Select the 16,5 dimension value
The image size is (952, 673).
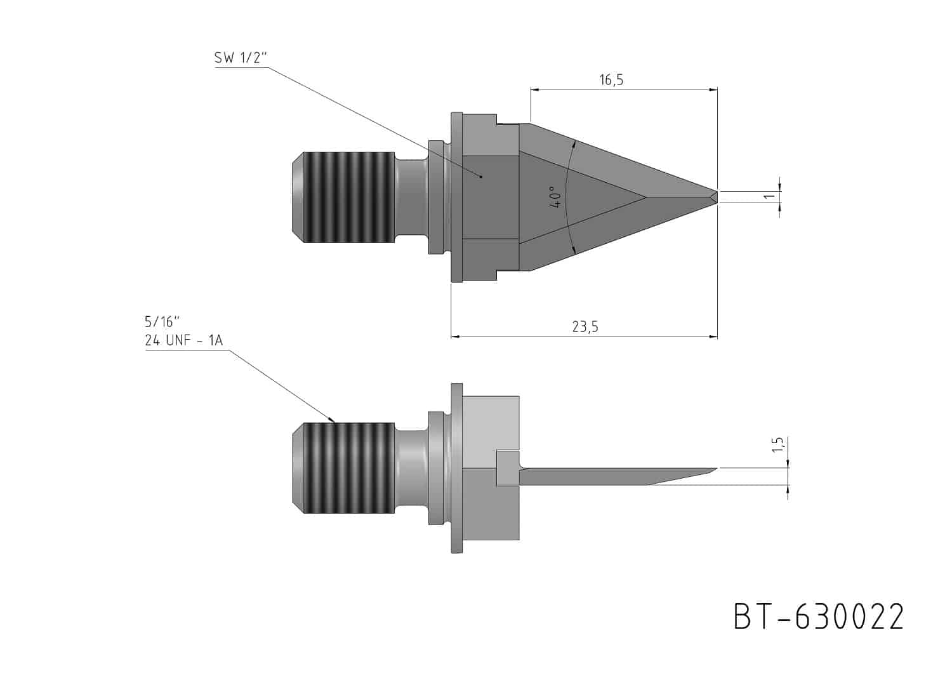[x=611, y=79]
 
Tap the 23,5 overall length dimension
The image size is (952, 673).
[x=585, y=326]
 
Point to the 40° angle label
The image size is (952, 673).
[x=556, y=197]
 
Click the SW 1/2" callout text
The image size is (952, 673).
[x=241, y=58]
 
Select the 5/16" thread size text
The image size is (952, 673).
[x=162, y=322]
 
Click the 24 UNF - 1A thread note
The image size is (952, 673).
[x=183, y=340]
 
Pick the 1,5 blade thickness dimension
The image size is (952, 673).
[x=777, y=444]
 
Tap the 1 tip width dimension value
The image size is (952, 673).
[x=769, y=196]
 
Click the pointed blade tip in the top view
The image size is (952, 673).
[x=717, y=197]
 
